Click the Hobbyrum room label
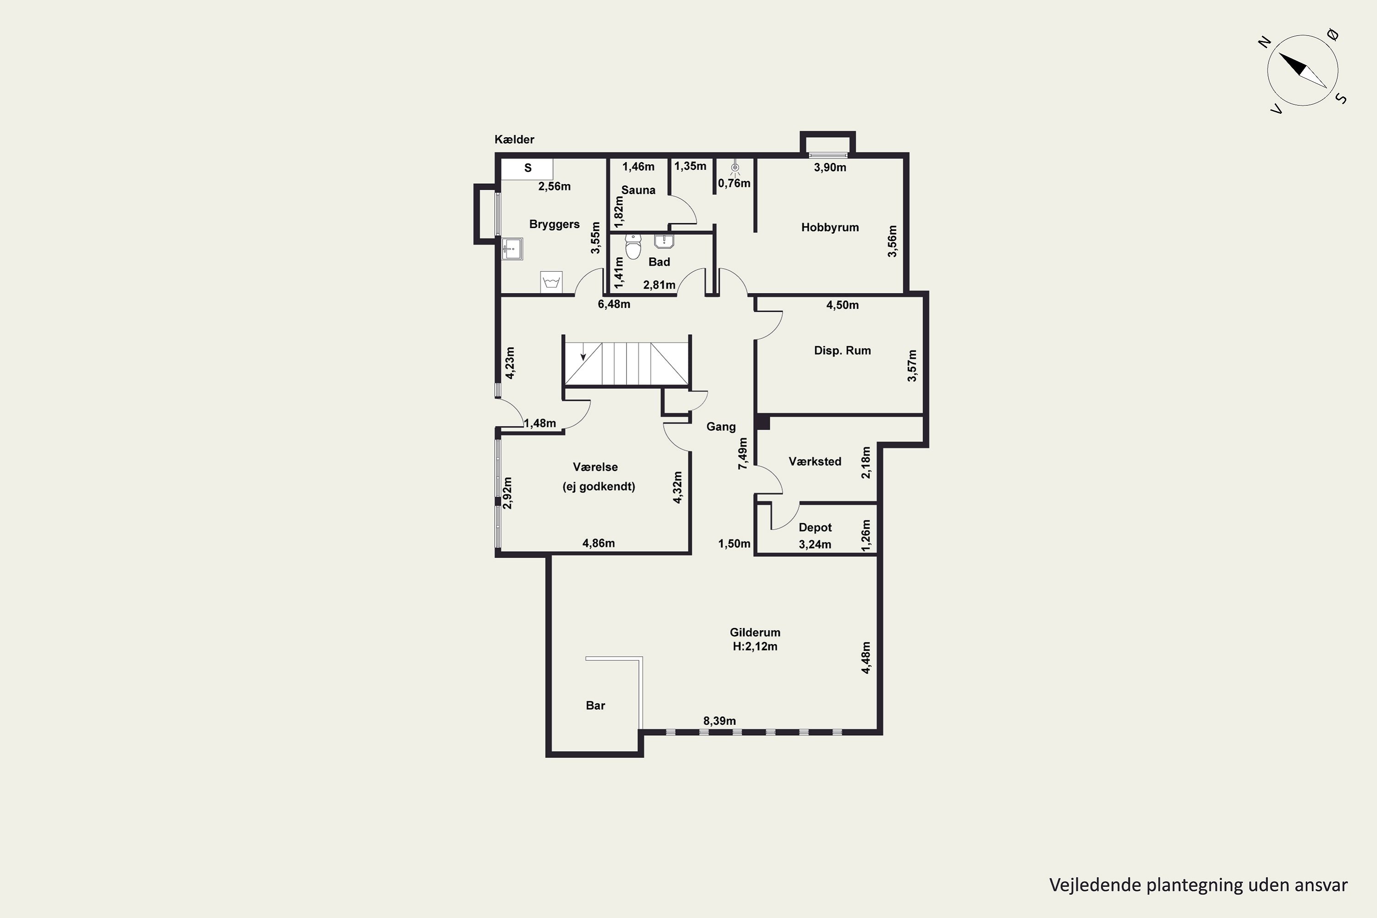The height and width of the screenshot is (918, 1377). point(829,227)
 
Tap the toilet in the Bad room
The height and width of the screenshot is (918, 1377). point(633,246)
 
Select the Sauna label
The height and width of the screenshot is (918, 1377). point(638,190)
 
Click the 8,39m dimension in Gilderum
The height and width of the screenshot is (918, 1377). point(720,721)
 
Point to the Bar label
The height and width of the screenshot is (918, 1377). point(595,705)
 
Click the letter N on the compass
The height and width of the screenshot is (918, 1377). point(1265,42)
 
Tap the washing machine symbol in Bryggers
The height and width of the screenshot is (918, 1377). point(551,282)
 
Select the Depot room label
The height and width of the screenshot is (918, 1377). point(815,527)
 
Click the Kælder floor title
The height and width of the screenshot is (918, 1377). point(514,140)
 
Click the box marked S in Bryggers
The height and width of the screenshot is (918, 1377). point(527,168)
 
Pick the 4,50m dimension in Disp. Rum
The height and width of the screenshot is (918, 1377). point(842,305)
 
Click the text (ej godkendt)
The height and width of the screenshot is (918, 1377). point(599,487)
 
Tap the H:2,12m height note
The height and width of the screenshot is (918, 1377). point(755,646)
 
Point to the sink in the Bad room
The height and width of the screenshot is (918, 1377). point(664,241)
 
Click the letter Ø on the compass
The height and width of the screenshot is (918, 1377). point(1334,35)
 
